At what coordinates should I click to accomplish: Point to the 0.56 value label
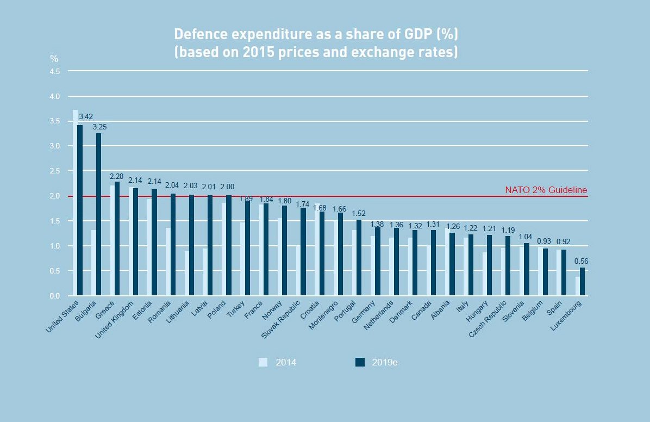point(581,261)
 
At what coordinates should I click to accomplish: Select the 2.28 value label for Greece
point(117,176)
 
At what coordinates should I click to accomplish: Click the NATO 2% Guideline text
point(546,190)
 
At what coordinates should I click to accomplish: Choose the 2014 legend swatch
point(264,362)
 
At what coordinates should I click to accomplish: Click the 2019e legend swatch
point(360,362)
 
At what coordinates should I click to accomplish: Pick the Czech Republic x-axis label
point(488,318)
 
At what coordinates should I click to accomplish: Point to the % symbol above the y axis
point(54,59)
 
